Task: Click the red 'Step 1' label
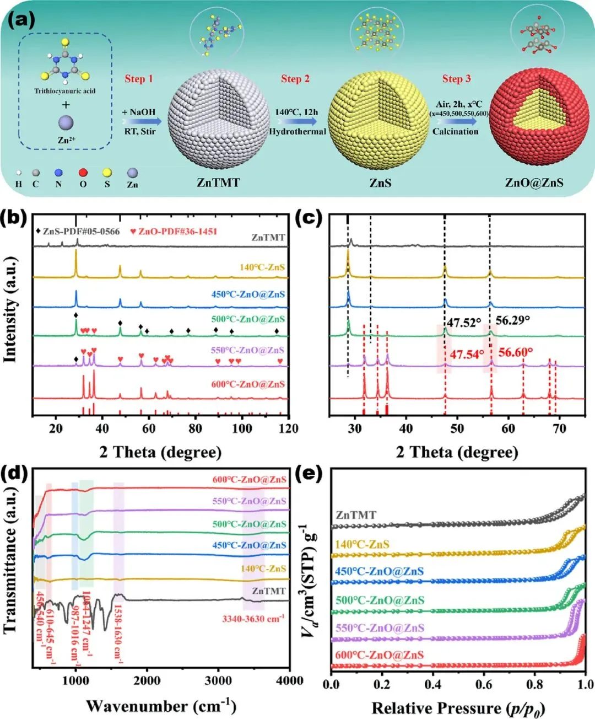click(138, 79)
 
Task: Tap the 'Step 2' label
click(295, 79)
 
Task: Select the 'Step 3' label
click(456, 79)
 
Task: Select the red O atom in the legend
click(83, 173)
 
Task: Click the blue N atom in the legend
click(58, 173)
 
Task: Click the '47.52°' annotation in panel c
click(463, 323)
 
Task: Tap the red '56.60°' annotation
click(515, 352)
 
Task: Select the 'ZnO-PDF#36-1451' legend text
click(177, 231)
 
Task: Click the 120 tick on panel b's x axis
click(289, 428)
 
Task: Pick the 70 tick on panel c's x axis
click(559, 428)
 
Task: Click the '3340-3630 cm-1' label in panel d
click(253, 619)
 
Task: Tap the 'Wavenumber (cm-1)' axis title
click(161, 706)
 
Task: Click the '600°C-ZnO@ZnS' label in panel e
click(380, 655)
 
